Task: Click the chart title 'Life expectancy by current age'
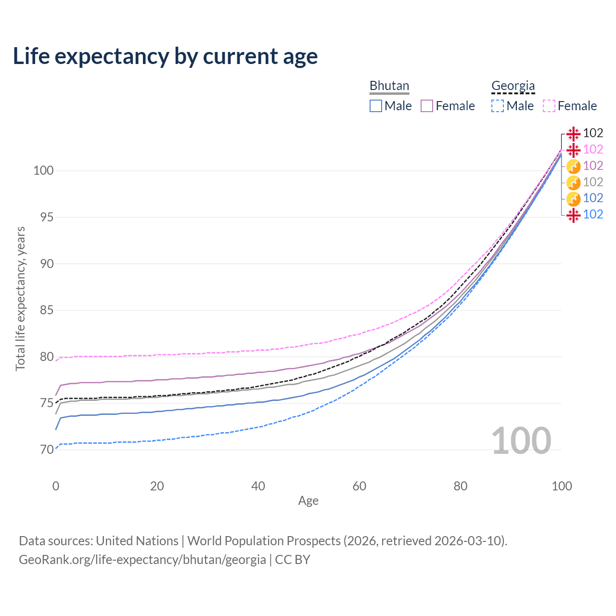[165, 56]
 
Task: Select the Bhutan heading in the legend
[389, 86]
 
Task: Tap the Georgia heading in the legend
[513, 86]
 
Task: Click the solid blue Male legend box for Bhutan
[376, 106]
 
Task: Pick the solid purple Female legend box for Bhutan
[427, 106]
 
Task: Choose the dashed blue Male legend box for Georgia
[498, 106]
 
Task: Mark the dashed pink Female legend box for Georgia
[549, 106]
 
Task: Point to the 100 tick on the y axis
[43, 170]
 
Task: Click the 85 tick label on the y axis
[46, 310]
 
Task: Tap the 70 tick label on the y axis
[46, 450]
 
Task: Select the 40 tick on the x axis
[258, 486]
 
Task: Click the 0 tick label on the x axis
[56, 486]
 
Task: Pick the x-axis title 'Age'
[308, 501]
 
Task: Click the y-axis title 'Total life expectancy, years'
[20, 299]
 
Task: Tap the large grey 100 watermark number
[521, 441]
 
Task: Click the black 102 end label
[593, 133]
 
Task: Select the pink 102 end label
[593, 150]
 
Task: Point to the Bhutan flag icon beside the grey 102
[573, 182]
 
